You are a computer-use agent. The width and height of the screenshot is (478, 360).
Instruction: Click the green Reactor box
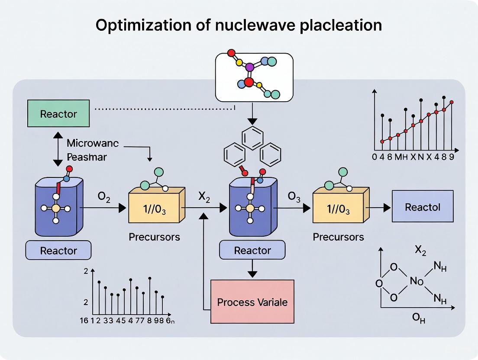tap(58, 114)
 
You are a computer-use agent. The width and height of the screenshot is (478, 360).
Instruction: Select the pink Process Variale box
tap(252, 302)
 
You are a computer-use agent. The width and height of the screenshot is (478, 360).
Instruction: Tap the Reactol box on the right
tap(422, 207)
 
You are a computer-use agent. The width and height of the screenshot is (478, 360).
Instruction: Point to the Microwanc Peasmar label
tap(92, 150)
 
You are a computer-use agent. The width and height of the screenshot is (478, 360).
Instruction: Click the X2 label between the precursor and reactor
tap(204, 196)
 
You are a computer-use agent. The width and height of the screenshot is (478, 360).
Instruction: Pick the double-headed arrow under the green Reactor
tap(58, 150)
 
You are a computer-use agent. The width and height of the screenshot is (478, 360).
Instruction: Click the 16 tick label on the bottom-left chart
tap(84, 321)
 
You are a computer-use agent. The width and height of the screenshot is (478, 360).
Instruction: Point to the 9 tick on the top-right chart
tap(451, 157)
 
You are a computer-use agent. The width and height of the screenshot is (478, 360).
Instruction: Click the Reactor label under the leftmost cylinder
tap(58, 251)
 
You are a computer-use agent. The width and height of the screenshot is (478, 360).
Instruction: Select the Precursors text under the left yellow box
tap(154, 237)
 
